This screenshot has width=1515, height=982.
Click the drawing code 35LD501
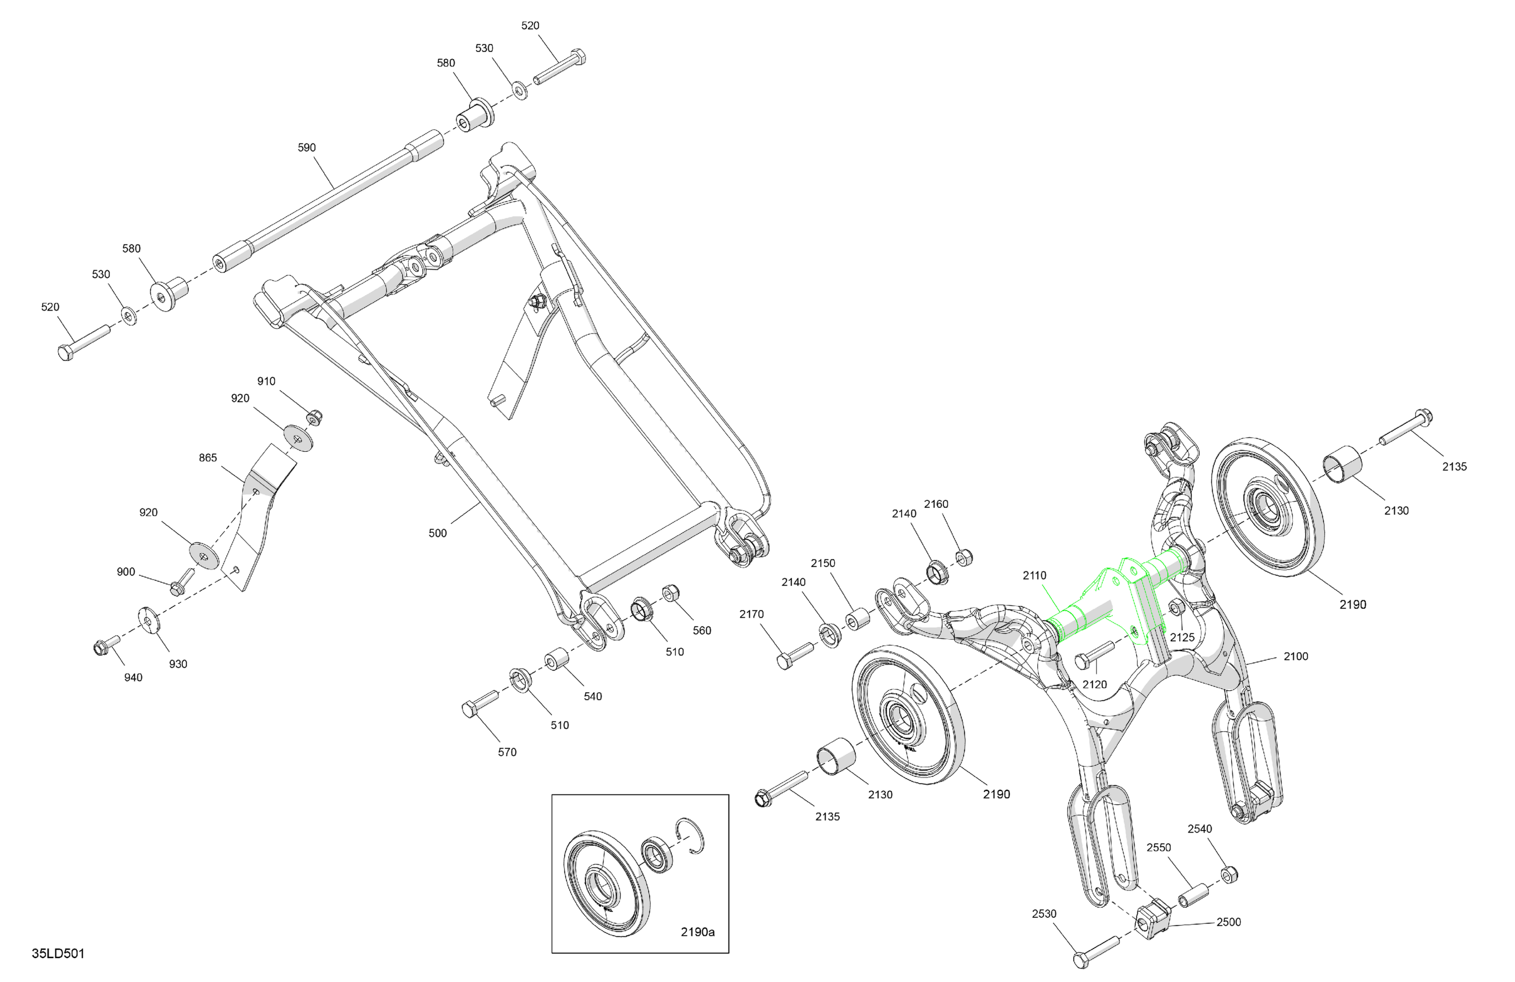tap(58, 953)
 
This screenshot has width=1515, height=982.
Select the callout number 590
tap(307, 147)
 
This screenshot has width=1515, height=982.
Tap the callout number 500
tap(438, 533)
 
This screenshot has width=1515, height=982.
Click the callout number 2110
tap(1034, 576)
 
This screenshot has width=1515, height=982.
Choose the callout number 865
tap(208, 457)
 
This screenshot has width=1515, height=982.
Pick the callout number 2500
tap(1229, 922)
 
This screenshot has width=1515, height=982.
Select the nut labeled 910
tap(313, 418)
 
